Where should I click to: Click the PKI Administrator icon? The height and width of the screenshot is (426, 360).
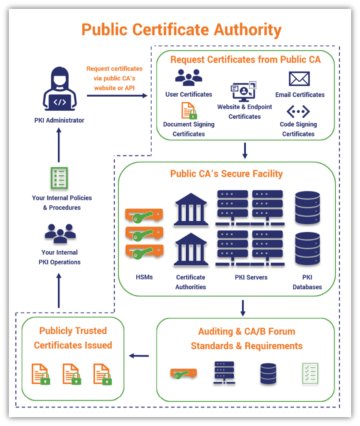click(x=60, y=90)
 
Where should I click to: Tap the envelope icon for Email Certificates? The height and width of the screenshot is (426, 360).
click(x=299, y=79)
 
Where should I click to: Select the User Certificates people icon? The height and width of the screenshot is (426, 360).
click(x=188, y=77)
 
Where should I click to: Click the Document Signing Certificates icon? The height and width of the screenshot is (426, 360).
click(x=189, y=110)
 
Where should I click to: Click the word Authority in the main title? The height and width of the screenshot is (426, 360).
click(x=247, y=30)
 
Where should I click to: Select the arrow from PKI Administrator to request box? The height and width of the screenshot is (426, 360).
click(x=117, y=95)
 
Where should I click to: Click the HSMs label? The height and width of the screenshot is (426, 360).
click(x=144, y=277)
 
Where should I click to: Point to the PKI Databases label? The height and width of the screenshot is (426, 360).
click(x=307, y=282)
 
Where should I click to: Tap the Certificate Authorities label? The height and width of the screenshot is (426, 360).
click(x=191, y=282)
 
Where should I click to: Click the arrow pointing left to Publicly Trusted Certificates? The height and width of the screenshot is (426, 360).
click(x=139, y=356)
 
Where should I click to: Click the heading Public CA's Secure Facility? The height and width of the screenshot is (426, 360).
click(x=226, y=173)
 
